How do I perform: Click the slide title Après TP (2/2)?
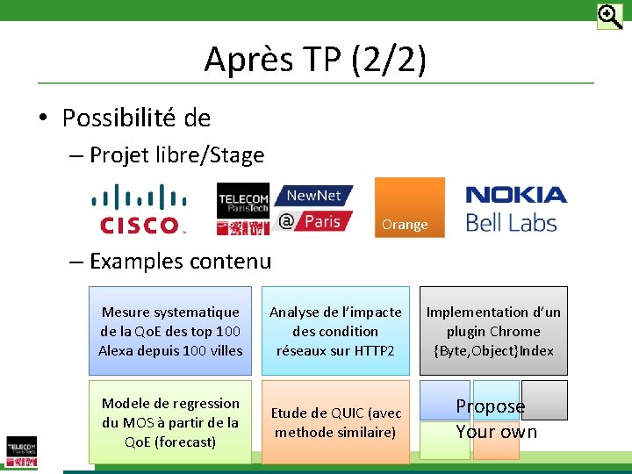pos(315,60)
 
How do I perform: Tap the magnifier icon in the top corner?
pos(609,17)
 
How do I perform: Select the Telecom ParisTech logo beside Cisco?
pos(243,209)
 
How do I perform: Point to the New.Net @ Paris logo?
pos(313,208)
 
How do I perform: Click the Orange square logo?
pos(409,207)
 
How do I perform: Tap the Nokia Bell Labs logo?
pos(514,209)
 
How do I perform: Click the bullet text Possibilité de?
pos(136,117)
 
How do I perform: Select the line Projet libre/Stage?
pos(176,155)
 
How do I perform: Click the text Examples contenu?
pos(180,261)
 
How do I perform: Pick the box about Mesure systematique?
pos(170,331)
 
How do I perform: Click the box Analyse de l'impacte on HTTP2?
pos(335,331)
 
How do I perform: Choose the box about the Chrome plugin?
pos(493,331)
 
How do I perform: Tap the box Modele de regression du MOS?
pos(170,422)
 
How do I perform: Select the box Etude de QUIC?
pos(335,422)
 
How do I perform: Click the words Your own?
pos(496,432)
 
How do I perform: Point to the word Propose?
pos(490,406)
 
